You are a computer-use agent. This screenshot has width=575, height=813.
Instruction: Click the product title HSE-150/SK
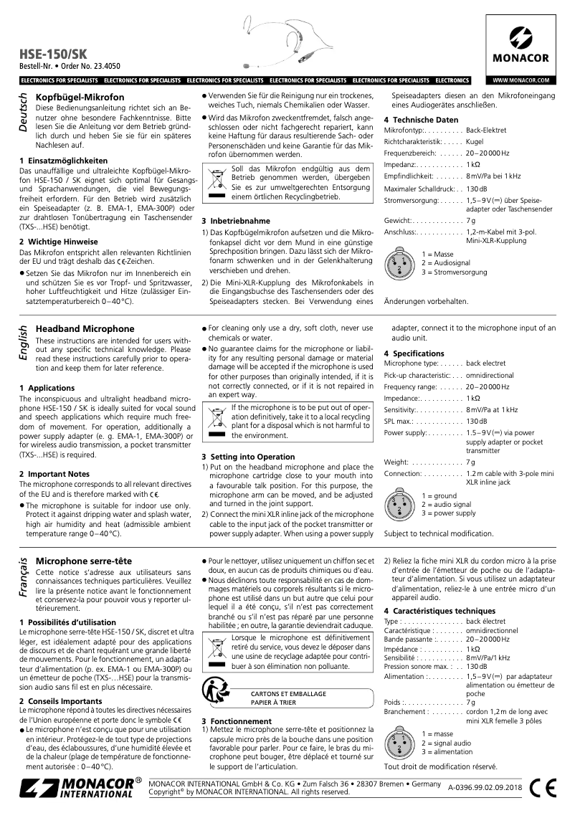[x=52, y=54]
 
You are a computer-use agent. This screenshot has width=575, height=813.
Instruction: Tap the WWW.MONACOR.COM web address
[x=521, y=80]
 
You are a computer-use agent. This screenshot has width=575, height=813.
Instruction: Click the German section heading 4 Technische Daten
[x=420, y=119]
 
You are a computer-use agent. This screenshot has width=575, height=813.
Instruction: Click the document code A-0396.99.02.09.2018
[x=485, y=788]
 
